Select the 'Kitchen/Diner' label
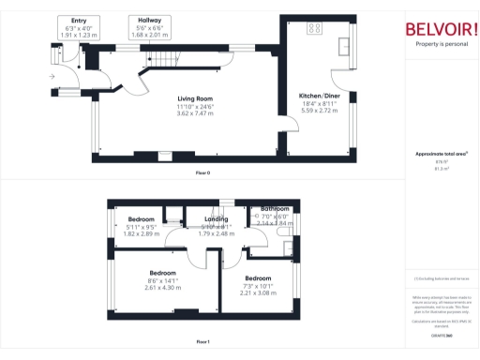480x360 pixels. (x=320, y=97)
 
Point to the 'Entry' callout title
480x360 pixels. (x=79, y=20)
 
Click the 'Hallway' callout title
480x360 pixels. (x=149, y=20)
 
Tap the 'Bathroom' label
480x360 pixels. (x=275, y=208)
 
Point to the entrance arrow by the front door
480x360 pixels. (x=52, y=76)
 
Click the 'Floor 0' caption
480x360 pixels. (x=202, y=173)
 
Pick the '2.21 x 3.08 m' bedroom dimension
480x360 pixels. (x=258, y=293)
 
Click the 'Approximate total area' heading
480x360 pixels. (x=441, y=154)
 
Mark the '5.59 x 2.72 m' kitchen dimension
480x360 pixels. (x=320, y=112)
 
